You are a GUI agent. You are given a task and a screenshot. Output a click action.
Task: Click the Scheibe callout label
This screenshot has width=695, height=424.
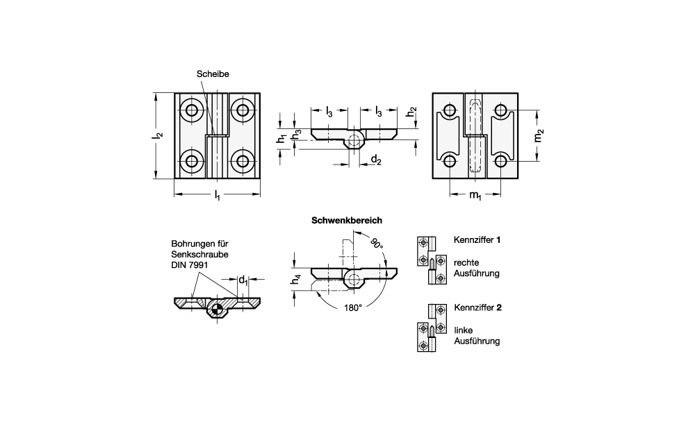tap(213, 74)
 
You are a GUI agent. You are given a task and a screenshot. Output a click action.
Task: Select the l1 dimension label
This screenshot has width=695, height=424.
tap(217, 195)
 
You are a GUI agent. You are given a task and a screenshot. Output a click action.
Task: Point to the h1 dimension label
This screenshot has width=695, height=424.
tap(281, 138)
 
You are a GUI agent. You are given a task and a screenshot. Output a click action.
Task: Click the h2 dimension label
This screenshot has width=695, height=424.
tap(411, 112)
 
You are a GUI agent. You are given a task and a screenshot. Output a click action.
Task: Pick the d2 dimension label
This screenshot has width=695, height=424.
tap(375, 160)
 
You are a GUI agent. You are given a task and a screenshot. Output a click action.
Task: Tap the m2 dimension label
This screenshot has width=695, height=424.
tap(538, 135)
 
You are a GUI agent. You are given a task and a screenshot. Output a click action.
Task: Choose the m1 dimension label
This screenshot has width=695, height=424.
tap(475, 195)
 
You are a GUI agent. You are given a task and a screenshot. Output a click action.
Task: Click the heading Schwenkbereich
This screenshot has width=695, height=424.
tap(347, 221)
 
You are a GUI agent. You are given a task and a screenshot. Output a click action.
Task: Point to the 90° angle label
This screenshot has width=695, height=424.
tap(376, 244)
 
